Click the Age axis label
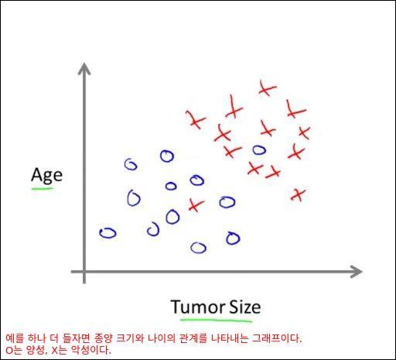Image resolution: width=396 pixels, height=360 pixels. click(x=46, y=176)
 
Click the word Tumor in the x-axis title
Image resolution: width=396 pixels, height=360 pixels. click(x=197, y=307)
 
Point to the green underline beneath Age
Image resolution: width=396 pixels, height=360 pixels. click(x=43, y=189)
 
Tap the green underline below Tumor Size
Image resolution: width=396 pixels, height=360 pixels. click(x=216, y=321)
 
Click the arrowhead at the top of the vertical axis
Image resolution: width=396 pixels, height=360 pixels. click(x=84, y=69)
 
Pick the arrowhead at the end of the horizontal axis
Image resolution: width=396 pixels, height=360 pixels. click(x=357, y=272)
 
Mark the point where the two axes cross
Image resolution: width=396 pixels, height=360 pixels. click(x=84, y=272)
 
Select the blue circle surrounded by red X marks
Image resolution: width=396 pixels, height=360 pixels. click(x=259, y=149)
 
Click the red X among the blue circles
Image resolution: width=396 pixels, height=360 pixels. click(x=196, y=205)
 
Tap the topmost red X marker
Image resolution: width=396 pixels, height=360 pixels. click(x=267, y=88)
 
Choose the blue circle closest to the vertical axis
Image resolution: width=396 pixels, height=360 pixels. click(x=108, y=233)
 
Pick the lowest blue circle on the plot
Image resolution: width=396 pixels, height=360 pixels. click(x=198, y=248)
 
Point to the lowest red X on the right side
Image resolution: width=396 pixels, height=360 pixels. click(x=298, y=194)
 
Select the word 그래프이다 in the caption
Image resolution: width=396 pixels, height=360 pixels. click(x=276, y=338)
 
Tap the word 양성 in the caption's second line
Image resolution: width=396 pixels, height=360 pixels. click(x=36, y=350)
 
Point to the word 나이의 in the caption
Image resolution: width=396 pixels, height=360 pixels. click(x=162, y=338)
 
